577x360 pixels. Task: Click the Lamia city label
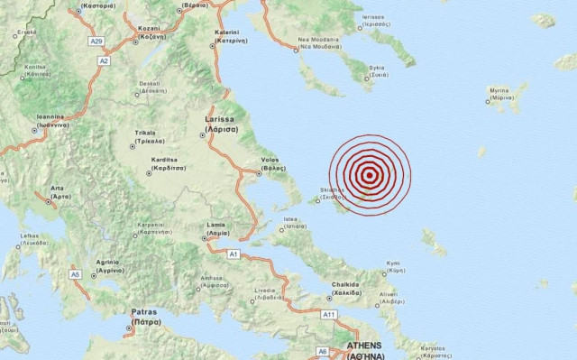[x=214, y=224]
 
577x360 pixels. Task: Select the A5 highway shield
[x=75, y=272]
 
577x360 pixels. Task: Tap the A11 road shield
[x=330, y=314]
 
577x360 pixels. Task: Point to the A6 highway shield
[x=322, y=350]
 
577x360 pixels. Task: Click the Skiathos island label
[x=333, y=191]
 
